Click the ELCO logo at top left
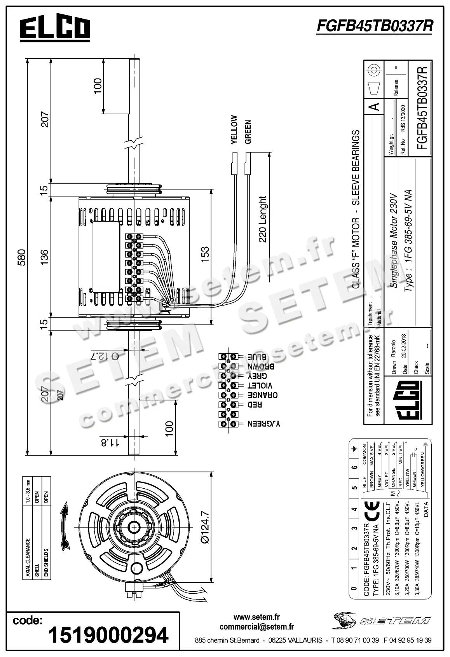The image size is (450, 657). pos(55,28)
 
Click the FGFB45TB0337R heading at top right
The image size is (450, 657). pos(375,26)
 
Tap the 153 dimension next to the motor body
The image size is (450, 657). pos(205,255)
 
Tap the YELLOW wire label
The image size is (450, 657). pos(234,130)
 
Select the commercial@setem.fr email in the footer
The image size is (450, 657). pos(256,626)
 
